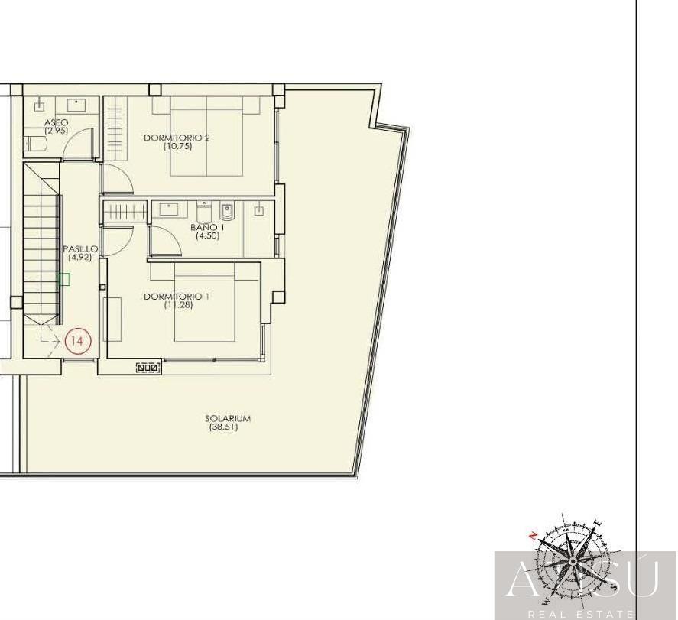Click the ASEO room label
pyautogui.click(x=57, y=123)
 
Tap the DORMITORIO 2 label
pyautogui.click(x=177, y=138)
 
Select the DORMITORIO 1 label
pyautogui.click(x=177, y=297)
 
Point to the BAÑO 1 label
pyautogui.click(x=208, y=227)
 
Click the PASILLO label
pyautogui.click(x=80, y=249)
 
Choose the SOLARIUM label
pyautogui.click(x=228, y=418)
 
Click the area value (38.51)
pyautogui.click(x=223, y=427)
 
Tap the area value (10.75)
pyautogui.click(x=177, y=147)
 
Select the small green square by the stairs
pyautogui.click(x=64, y=279)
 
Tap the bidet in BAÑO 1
pyautogui.click(x=227, y=212)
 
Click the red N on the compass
pyautogui.click(x=533, y=537)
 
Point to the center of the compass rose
pyautogui.click(x=573, y=561)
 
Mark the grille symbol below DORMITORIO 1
pyautogui.click(x=148, y=368)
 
